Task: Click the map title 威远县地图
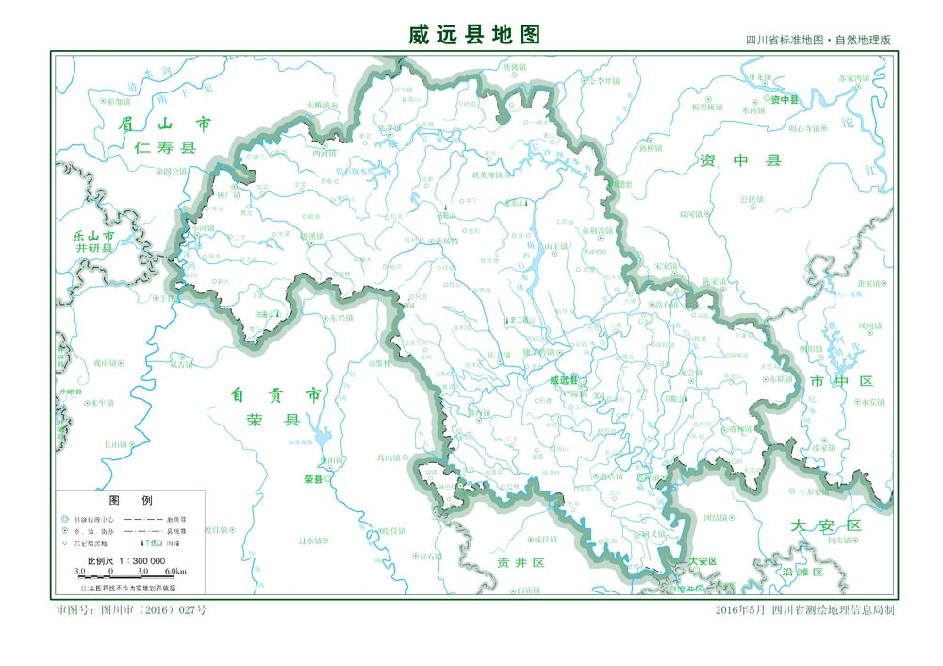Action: click(x=474, y=35)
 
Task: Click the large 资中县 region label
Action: click(x=740, y=160)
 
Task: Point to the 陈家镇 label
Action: click(x=714, y=281)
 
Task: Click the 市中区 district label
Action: click(x=841, y=380)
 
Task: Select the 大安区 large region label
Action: click(x=826, y=525)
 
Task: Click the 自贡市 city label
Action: click(x=275, y=394)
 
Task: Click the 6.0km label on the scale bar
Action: click(x=175, y=572)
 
